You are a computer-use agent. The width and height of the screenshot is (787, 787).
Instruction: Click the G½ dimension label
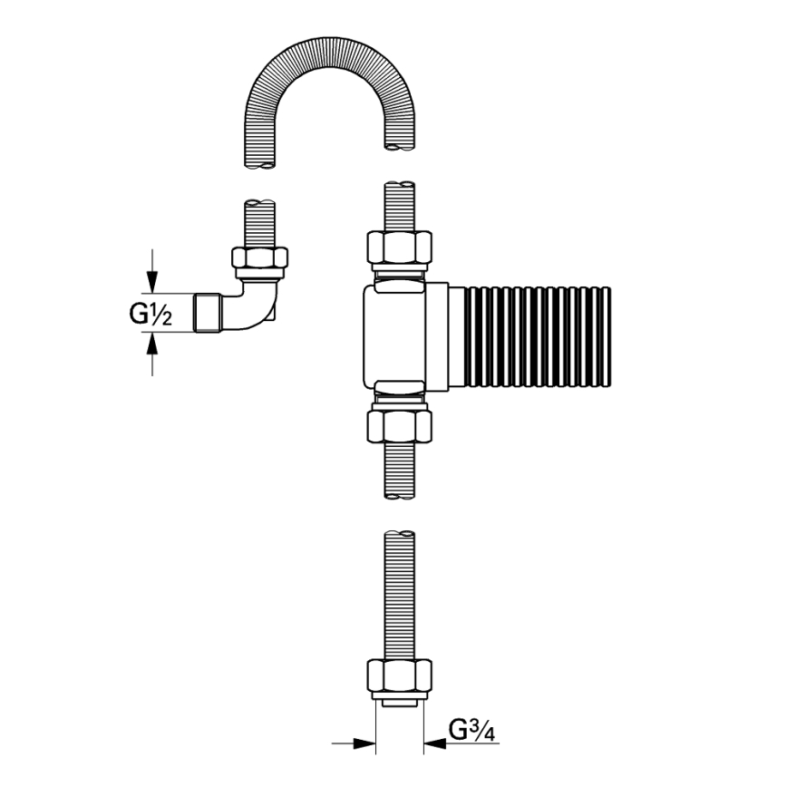[148, 314]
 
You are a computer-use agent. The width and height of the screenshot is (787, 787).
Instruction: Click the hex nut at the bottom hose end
[399, 675]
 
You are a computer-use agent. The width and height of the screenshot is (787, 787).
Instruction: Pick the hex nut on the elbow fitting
[260, 257]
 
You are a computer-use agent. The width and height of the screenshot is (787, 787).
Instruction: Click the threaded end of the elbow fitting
[209, 313]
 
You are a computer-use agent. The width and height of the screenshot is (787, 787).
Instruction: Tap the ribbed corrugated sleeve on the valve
[537, 336]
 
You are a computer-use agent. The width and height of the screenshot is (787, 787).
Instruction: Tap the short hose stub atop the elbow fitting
[260, 222]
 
